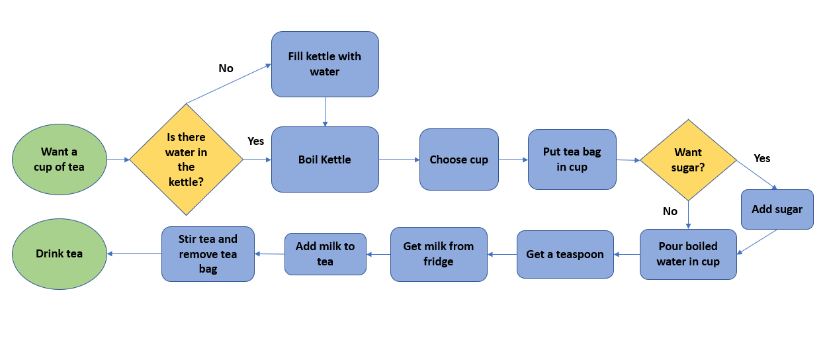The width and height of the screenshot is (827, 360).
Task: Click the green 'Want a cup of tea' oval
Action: pos(60,159)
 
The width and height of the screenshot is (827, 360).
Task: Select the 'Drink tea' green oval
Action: pos(60,254)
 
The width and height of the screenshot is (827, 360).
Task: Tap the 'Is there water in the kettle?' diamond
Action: pos(187,159)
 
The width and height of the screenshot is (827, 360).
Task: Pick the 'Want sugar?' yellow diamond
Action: pos(689,160)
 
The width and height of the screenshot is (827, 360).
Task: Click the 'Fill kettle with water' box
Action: pos(326,64)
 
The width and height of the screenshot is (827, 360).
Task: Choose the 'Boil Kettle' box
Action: pos(326,159)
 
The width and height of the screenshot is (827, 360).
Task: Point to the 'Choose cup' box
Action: pos(459,159)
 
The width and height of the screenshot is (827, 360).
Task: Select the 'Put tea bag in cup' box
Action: pos(572,159)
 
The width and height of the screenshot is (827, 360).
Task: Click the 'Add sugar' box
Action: pos(777,209)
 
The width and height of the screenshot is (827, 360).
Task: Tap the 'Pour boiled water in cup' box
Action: pos(689,254)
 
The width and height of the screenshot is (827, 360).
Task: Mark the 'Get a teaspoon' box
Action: pos(565,254)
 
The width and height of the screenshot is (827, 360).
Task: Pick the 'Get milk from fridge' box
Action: pos(439,254)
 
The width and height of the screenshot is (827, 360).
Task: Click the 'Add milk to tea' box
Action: pos(326,254)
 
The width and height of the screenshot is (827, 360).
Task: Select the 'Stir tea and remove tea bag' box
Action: pos(208,254)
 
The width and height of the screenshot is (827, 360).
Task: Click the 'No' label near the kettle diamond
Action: pos(226,68)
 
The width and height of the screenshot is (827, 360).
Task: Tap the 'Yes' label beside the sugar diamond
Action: pos(762,158)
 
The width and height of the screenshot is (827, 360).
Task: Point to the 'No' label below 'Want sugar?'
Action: pos(670,211)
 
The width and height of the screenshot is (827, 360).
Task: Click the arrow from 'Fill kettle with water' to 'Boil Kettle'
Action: pos(326,112)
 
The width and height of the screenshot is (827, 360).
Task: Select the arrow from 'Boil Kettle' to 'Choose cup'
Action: pos(400,160)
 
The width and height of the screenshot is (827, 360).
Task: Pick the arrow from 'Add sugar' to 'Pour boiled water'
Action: pos(757,242)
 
